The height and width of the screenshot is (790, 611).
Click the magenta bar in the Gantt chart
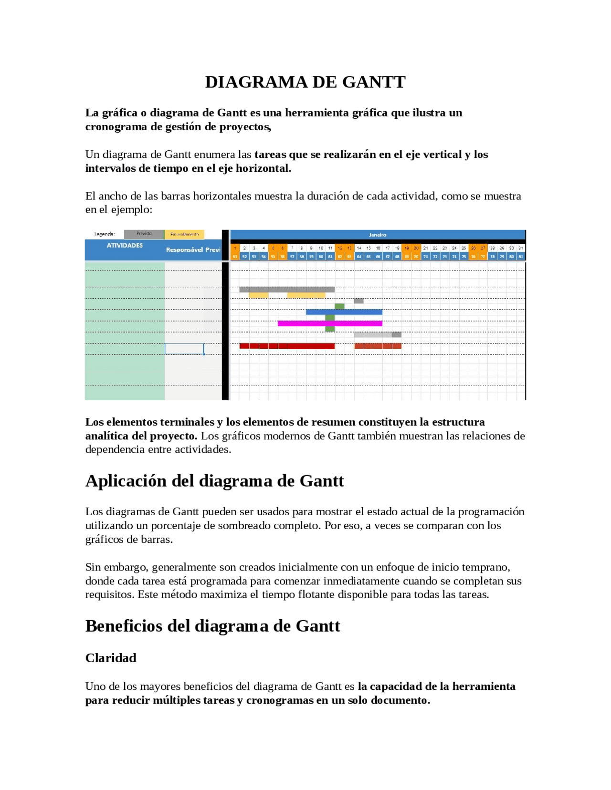pyautogui.click(x=329, y=323)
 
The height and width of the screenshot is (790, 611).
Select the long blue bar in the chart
pyautogui.click(x=344, y=312)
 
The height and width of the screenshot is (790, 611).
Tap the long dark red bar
pyautogui.click(x=286, y=346)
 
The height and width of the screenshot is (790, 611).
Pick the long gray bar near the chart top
pyautogui.click(x=286, y=289)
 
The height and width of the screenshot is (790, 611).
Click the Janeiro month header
pyautogui.click(x=377, y=235)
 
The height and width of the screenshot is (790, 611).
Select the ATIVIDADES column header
pyautogui.click(x=125, y=246)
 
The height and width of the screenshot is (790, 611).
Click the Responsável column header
pyautogui.click(x=184, y=249)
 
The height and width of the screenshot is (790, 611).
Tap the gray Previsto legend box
pyautogui.click(x=144, y=234)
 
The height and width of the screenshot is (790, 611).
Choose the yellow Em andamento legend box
pyautogui.click(x=184, y=234)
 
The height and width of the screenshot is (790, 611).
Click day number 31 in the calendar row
pyautogui.click(x=520, y=248)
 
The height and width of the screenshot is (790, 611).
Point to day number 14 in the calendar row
pyautogui.click(x=359, y=248)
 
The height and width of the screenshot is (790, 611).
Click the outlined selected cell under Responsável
pyautogui.click(x=184, y=349)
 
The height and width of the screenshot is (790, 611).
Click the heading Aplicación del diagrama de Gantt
pyautogui.click(x=214, y=481)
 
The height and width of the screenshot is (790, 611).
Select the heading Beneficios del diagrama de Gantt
pyautogui.click(x=212, y=626)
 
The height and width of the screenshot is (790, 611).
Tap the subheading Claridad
pyautogui.click(x=111, y=658)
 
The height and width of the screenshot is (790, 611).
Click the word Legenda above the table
pyautogui.click(x=104, y=234)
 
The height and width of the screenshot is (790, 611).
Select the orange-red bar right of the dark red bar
pyautogui.click(x=377, y=346)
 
